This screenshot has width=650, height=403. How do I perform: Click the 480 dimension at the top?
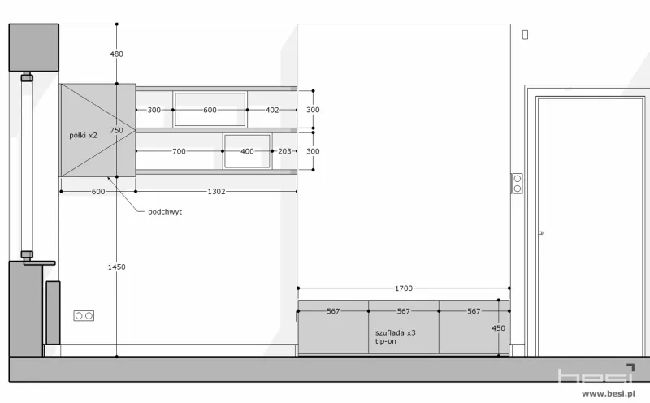click(x=116, y=54)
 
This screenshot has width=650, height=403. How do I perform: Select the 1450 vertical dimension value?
click(x=116, y=267)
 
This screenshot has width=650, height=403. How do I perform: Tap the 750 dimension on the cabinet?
click(x=116, y=130)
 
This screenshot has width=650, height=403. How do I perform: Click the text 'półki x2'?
click(x=83, y=135)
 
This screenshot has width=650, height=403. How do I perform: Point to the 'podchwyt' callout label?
click(x=165, y=211)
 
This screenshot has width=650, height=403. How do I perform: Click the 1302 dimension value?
click(x=216, y=192)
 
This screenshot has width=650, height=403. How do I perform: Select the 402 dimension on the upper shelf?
click(x=272, y=110)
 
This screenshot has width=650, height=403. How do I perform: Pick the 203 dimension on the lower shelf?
click(x=284, y=151)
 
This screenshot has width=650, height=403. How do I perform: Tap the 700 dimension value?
click(x=179, y=151)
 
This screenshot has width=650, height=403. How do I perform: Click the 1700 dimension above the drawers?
click(x=403, y=288)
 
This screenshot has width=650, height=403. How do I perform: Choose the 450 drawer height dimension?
click(x=498, y=328)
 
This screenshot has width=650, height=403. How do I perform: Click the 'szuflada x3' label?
click(x=396, y=332)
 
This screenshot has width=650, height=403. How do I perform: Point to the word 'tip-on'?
click(x=385, y=341)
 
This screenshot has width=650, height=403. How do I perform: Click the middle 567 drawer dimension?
click(x=403, y=311)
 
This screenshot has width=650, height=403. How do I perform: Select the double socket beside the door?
click(x=517, y=184)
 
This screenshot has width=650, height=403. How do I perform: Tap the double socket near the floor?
click(x=84, y=316)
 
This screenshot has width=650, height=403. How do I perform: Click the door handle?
click(x=540, y=233)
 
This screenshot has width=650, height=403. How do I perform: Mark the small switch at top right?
click(x=525, y=35)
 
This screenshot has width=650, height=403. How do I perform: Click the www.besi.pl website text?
click(x=609, y=393)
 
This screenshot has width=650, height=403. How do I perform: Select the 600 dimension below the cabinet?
click(x=98, y=192)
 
